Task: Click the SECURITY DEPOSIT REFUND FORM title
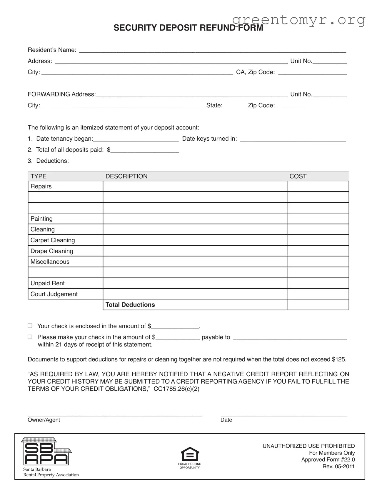click(x=188, y=28)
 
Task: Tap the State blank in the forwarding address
click(x=234, y=107)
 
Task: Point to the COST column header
click(x=298, y=176)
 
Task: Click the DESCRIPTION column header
click(x=126, y=176)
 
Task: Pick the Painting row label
click(x=41, y=219)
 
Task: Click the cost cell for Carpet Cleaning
click(x=318, y=240)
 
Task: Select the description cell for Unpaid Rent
click(x=195, y=283)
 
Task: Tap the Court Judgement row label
click(x=54, y=294)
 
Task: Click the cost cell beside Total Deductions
click(x=318, y=305)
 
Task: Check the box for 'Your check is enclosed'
click(x=30, y=326)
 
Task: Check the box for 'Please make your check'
click(x=30, y=337)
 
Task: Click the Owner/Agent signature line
click(x=115, y=414)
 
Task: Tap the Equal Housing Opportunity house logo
click(x=190, y=454)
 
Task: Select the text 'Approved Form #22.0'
click(x=328, y=459)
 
